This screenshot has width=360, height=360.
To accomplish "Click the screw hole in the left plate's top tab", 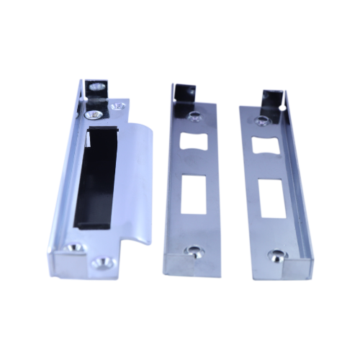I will pos(94,89).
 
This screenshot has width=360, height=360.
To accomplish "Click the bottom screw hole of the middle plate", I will pos(192,251).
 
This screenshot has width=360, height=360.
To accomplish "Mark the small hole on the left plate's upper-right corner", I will pos(117,107).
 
